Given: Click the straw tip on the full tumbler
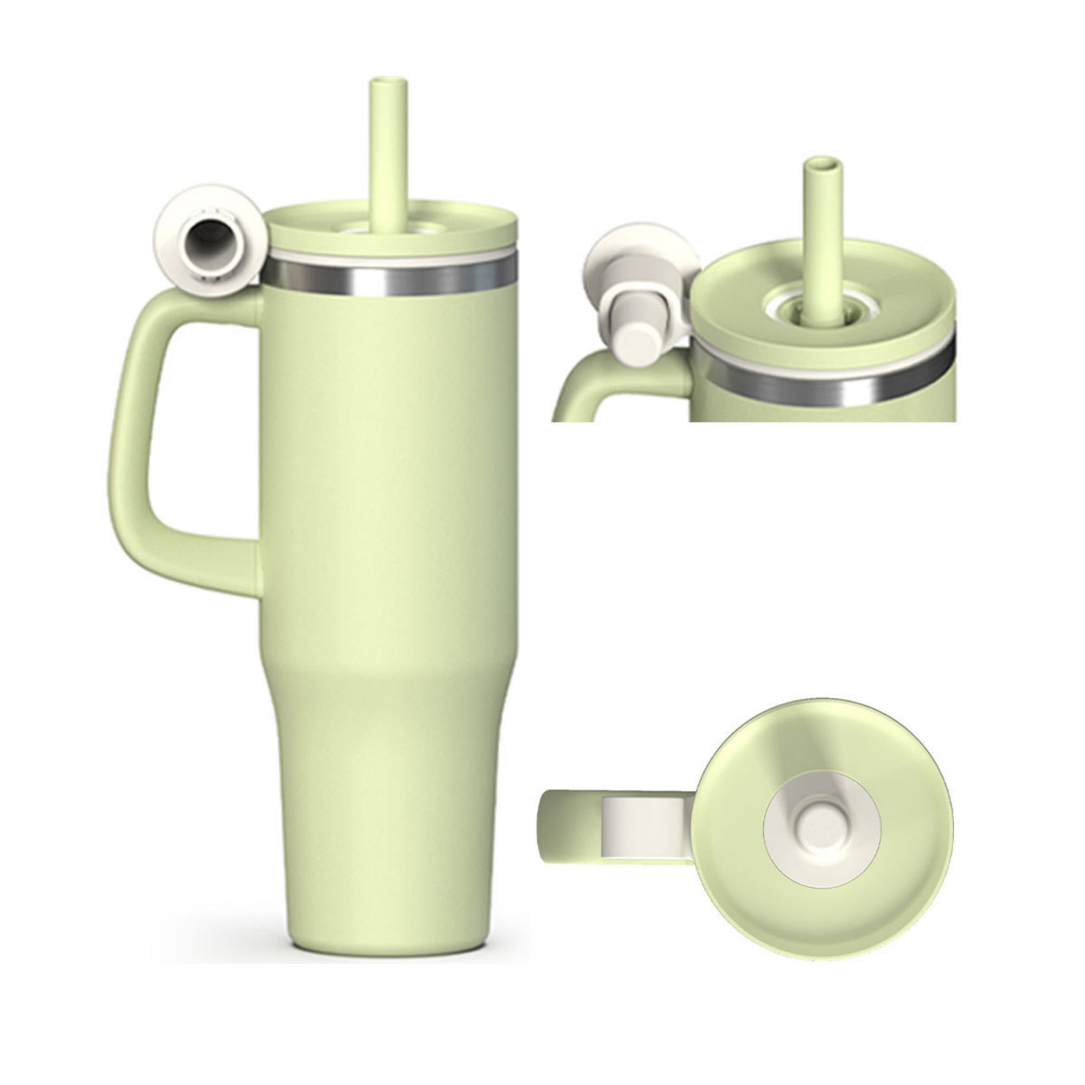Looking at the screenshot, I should click(x=387, y=84).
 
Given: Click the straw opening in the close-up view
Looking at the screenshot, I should click(x=824, y=164).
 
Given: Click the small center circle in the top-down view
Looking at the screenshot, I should click(x=821, y=830).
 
